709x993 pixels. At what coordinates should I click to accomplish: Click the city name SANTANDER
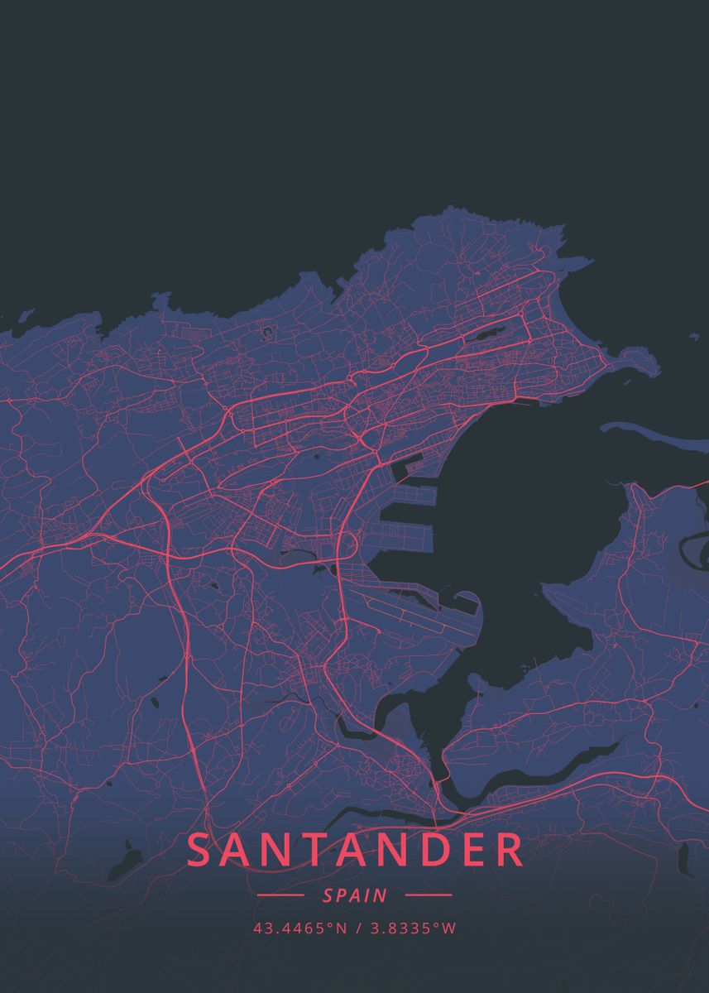[356, 851]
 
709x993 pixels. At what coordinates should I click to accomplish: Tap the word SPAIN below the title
[355, 895]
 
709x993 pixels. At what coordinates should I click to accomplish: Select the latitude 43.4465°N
[300, 928]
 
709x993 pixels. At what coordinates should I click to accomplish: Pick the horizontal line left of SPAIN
[281, 895]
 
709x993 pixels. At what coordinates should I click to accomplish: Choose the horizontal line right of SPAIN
[429, 895]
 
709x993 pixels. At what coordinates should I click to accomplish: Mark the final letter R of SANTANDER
[510, 851]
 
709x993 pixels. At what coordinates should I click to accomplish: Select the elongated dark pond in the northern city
[485, 336]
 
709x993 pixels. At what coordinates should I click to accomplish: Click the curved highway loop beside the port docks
[347, 546]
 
